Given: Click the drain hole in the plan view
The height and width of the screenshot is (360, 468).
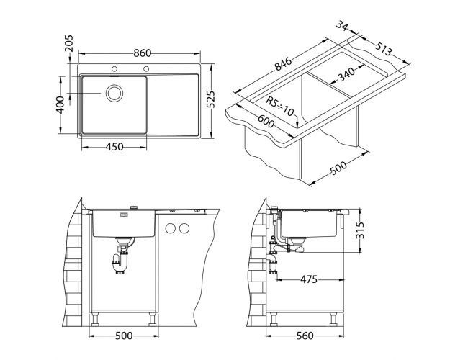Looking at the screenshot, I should (x=114, y=93).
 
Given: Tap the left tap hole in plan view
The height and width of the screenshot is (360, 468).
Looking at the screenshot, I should (x=114, y=69).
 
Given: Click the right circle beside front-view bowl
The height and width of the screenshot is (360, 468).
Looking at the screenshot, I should (x=184, y=229).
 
